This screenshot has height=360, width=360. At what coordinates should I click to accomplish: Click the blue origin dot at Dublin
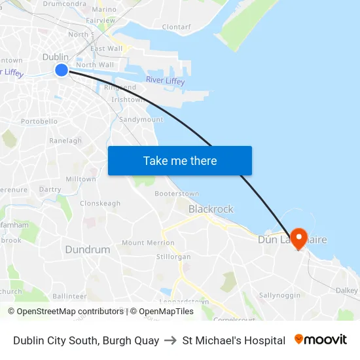pos(61,69)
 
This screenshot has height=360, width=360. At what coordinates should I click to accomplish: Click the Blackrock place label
pos(211,209)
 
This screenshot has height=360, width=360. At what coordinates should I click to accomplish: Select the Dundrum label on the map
pos(88,249)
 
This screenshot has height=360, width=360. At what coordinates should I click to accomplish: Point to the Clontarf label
pos(176,27)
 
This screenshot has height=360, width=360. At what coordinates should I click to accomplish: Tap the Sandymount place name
pos(141,120)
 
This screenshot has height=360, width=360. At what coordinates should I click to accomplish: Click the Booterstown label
pos(177,194)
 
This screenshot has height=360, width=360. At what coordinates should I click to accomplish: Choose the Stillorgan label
pos(174,257)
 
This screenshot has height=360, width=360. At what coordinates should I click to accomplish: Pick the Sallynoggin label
pos(279,296)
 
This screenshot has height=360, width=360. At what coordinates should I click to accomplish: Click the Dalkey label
pos(347,290)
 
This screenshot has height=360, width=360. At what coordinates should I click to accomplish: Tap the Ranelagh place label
pos(65,141)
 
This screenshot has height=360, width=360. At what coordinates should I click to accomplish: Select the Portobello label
pos(39,122)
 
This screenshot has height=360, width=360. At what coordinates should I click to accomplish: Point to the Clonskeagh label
pos(100,204)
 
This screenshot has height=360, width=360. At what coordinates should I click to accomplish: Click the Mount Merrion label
pos(148,243)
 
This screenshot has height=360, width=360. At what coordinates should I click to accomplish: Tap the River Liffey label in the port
pos(165,81)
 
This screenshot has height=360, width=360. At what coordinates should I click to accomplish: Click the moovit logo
pos(320,340)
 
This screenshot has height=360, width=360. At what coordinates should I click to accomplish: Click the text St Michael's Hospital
pos(234,340)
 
